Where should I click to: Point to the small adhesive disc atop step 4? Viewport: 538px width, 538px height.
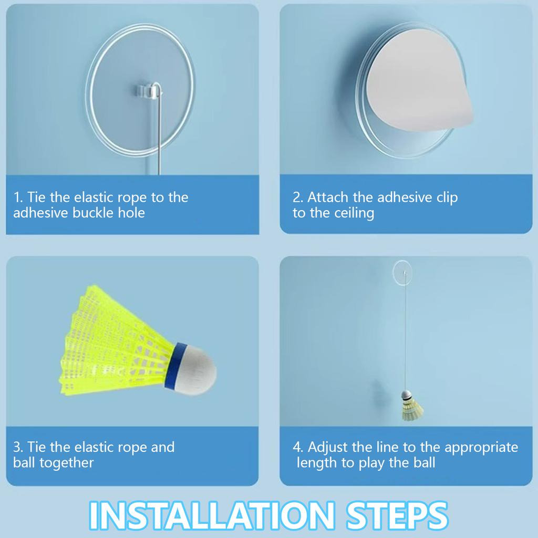402,272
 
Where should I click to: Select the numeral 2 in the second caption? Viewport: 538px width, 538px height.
297,198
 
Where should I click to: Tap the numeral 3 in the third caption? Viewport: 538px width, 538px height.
17,448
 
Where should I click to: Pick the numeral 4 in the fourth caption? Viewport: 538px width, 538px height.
297,448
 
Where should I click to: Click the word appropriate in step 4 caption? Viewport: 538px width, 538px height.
481,448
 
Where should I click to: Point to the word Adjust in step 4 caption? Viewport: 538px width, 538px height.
328,448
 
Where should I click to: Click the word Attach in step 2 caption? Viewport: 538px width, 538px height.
328,198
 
